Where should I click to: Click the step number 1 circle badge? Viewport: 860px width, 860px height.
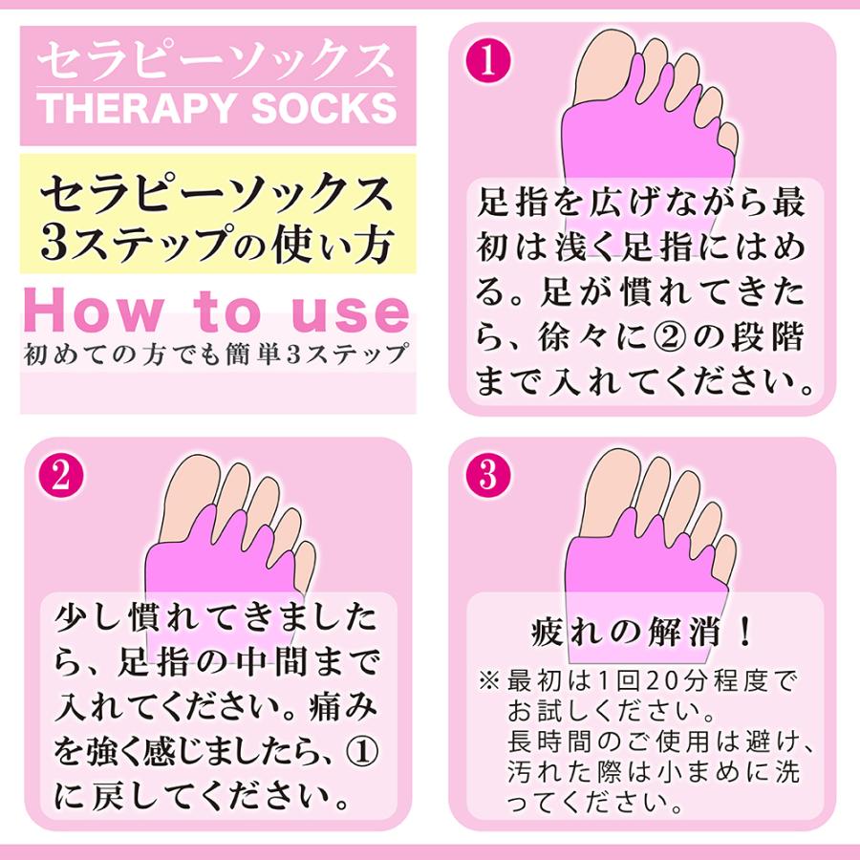point(488,62)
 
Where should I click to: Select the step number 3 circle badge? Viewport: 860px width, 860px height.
point(488,477)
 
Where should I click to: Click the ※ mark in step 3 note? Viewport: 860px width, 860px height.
point(489,681)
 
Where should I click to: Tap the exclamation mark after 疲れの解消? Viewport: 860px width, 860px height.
point(745,633)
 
